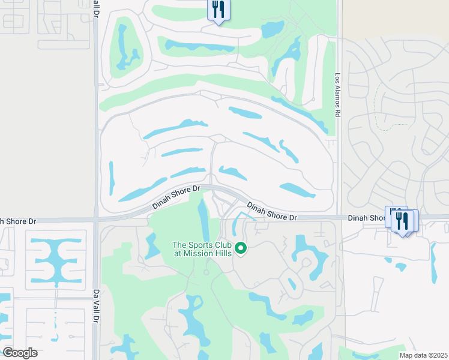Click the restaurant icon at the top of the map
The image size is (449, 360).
[218, 10]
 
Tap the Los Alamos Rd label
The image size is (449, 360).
[337, 95]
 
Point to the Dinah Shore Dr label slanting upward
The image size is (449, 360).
[176, 196]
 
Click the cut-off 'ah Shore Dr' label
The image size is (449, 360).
[18, 221]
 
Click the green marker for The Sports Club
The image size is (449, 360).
[241, 248]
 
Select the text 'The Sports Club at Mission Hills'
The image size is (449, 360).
[202, 249]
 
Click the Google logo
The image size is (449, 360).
[20, 353]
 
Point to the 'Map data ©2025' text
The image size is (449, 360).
[423, 355]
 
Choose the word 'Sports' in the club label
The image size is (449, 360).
[202, 245]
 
